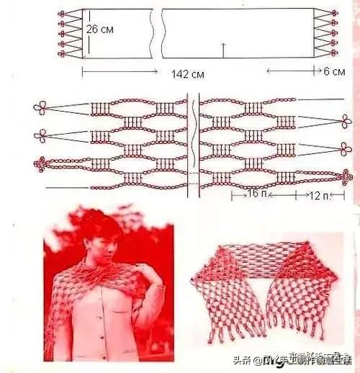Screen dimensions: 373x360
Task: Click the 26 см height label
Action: point(100,30)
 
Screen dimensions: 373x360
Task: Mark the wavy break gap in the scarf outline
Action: point(159,33)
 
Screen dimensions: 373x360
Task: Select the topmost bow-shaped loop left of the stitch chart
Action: point(41,108)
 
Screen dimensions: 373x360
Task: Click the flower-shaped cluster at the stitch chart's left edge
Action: point(40,165)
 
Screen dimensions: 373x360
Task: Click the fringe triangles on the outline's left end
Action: point(70,33)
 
